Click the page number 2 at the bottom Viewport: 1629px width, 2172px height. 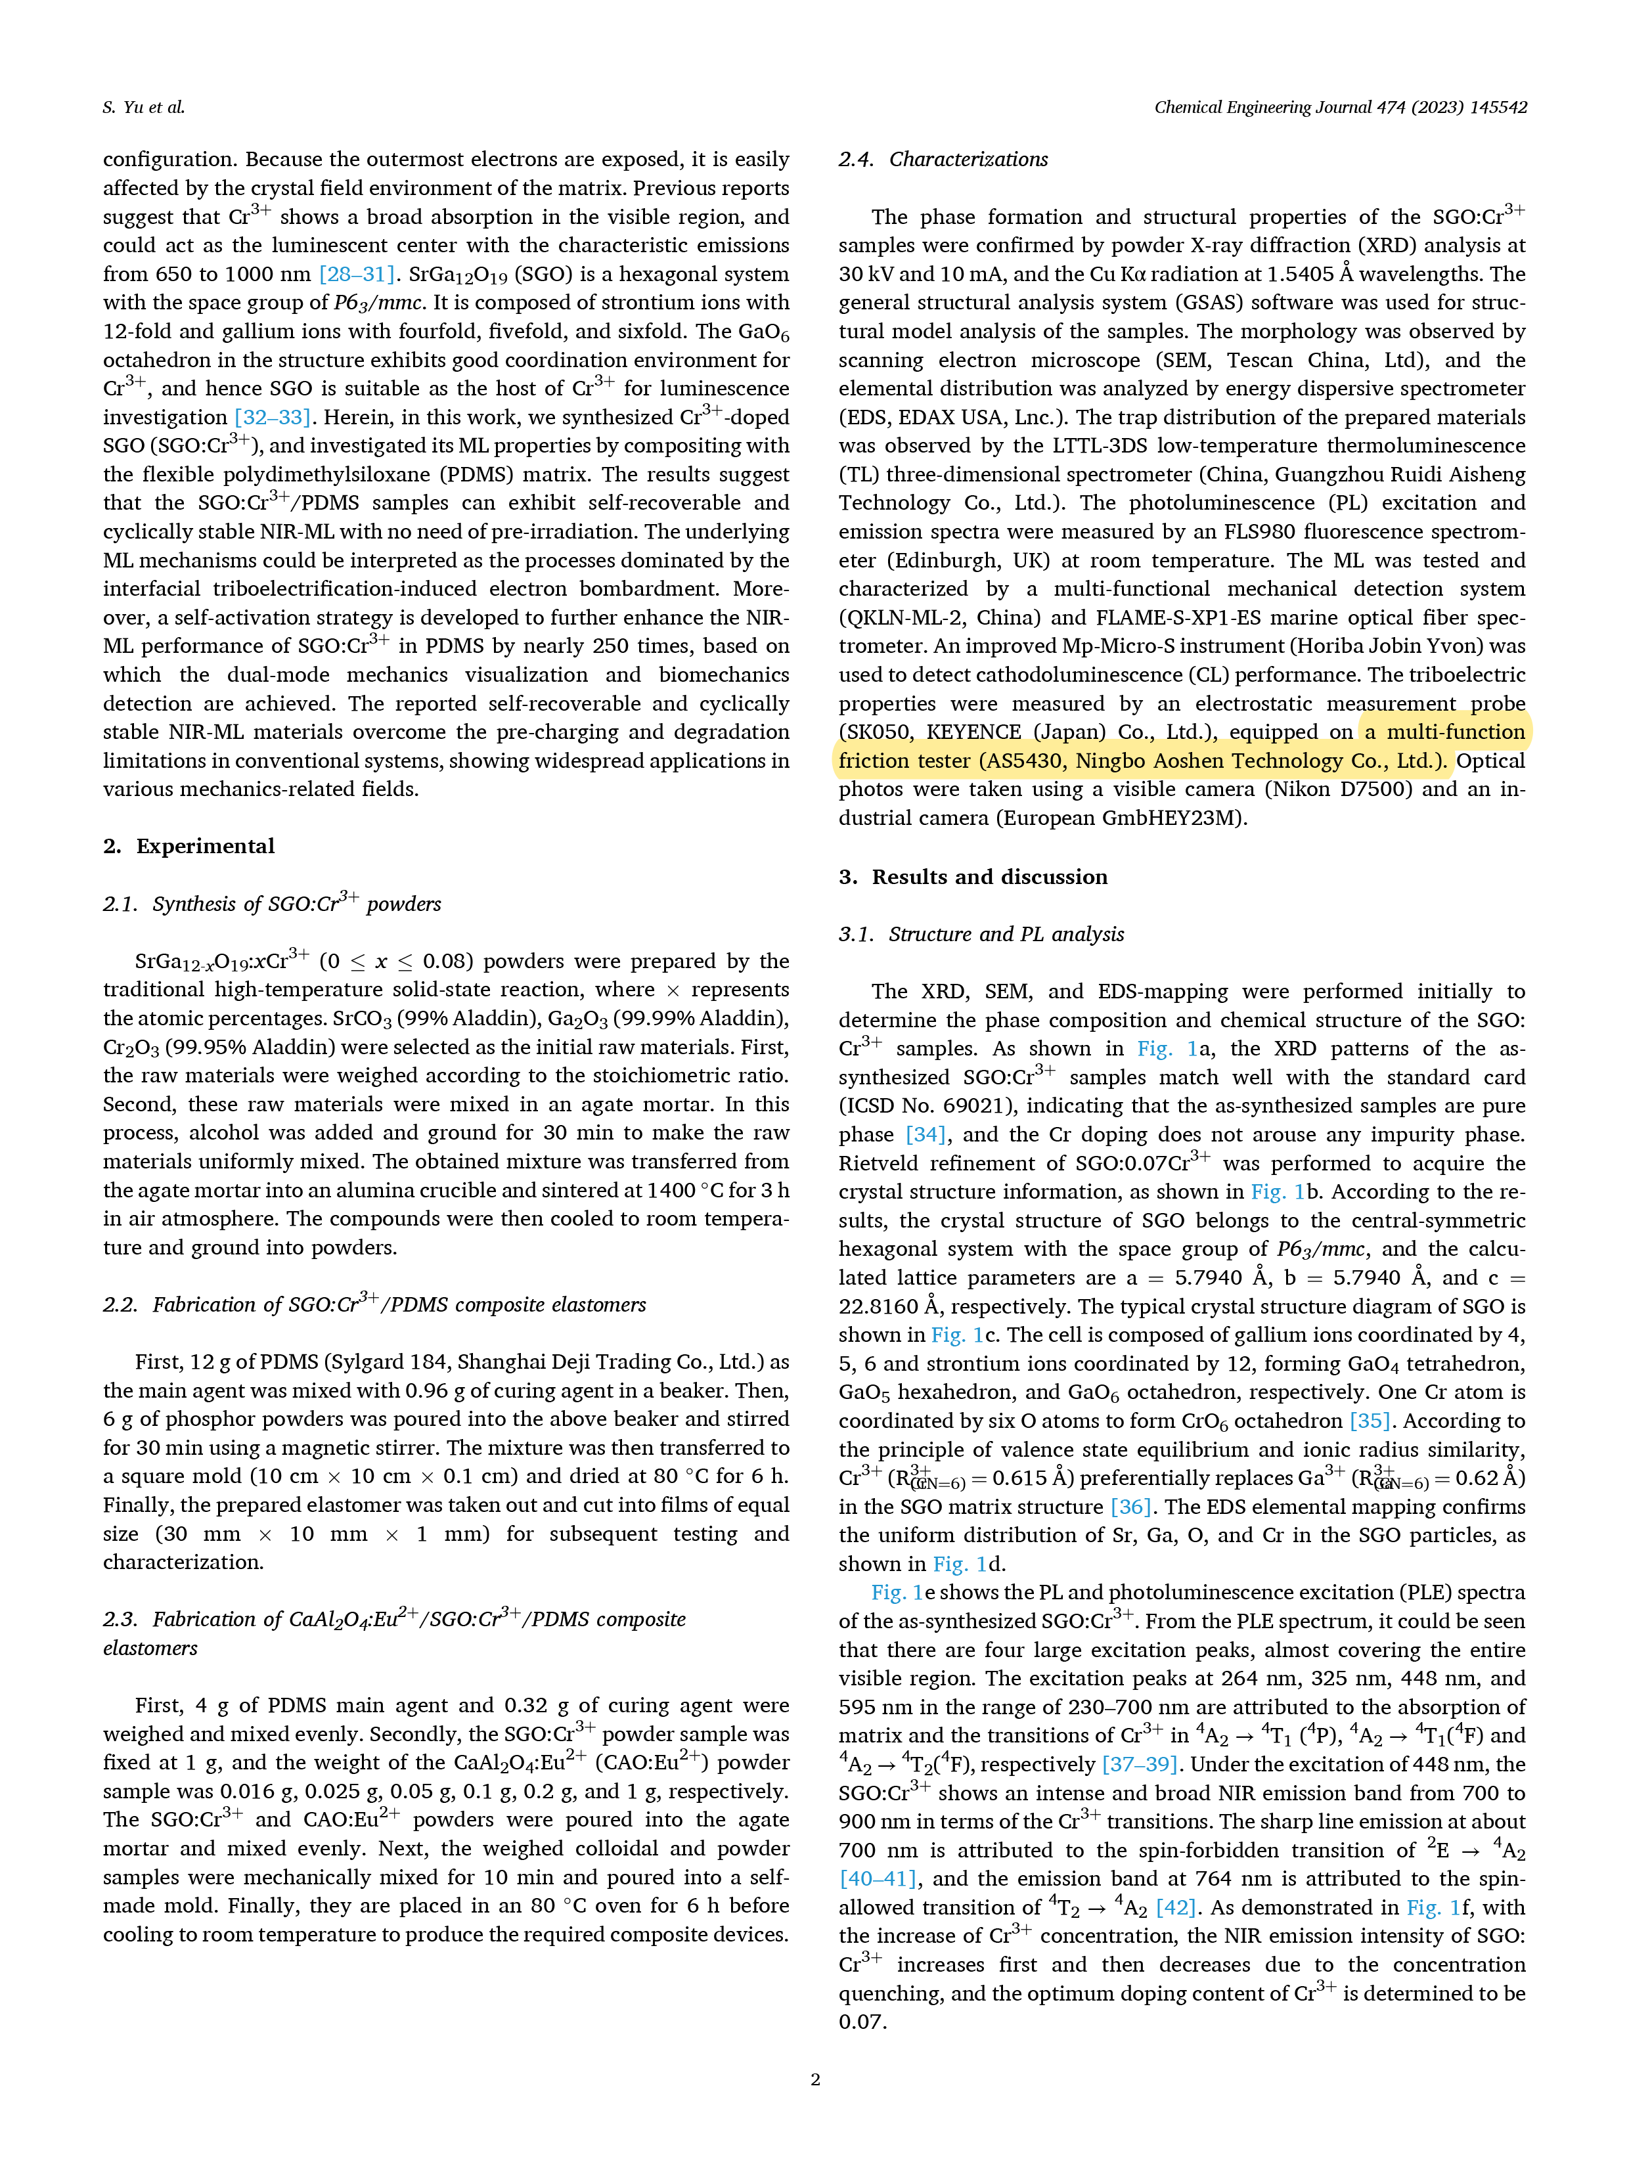814,2079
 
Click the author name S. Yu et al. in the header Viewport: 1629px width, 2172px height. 143,107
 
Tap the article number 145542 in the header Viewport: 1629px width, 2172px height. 1498,107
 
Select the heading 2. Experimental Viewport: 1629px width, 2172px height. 189,847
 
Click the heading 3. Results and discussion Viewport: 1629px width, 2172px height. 972,877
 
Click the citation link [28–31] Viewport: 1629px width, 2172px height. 357,274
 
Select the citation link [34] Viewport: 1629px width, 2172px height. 925,1134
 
